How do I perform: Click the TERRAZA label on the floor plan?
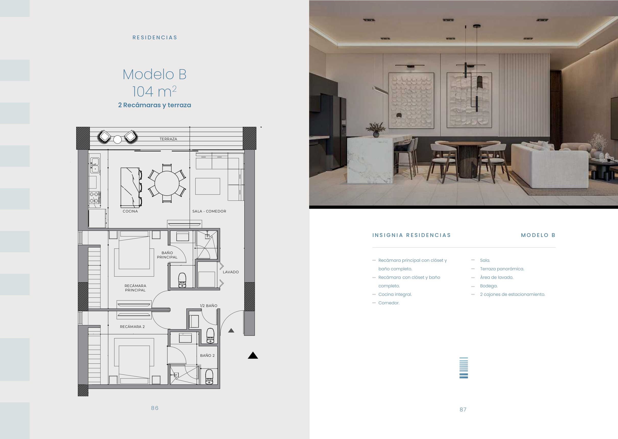tap(168, 139)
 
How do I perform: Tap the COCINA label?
tap(130, 211)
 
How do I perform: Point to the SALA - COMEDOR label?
tap(209, 211)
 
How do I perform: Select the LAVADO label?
tap(231, 272)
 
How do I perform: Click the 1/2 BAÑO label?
tap(209, 306)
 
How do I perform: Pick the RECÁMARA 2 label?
tap(132, 327)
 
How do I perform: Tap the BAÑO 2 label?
tap(208, 355)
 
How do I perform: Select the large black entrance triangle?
tap(253, 355)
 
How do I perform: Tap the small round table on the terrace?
tap(117, 139)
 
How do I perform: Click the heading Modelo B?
tap(155, 74)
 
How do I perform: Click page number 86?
tap(155, 408)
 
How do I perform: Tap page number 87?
tap(463, 410)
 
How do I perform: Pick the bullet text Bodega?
tap(489, 286)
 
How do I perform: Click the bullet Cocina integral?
tap(395, 294)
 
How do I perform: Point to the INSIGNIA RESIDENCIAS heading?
tap(412, 235)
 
